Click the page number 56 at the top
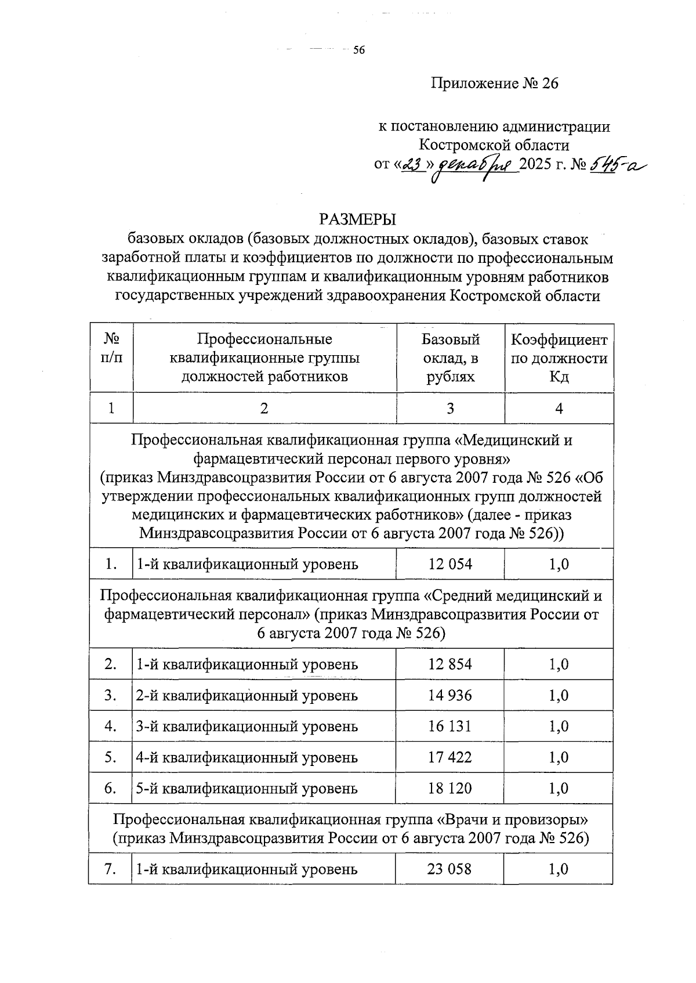pos(358,51)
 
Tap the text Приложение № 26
pos(494,84)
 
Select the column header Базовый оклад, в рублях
pos(450,357)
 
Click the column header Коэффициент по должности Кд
pos(559,357)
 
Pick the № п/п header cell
pos(111,348)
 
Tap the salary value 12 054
pos(450,563)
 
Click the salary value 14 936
pos(450,695)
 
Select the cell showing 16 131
pos(450,726)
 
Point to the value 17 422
pos(450,757)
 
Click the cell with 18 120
pos(450,788)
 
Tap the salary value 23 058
pos(450,869)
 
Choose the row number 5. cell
pos(111,757)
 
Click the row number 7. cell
pos(111,869)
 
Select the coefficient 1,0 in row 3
pos(559,695)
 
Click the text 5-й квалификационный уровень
pos(246,789)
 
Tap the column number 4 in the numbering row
pos(559,409)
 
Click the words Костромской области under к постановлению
pos(494,144)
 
